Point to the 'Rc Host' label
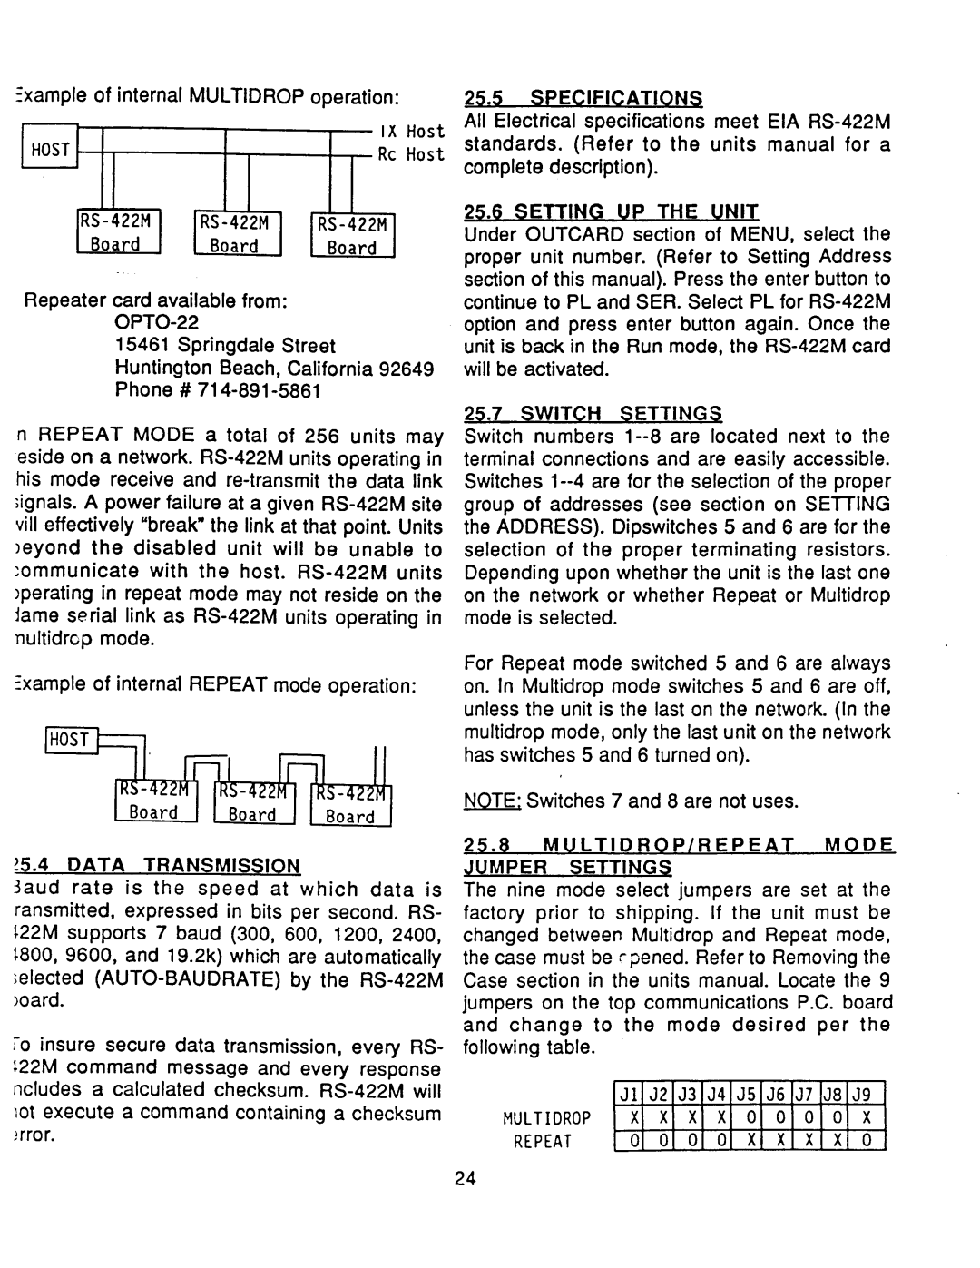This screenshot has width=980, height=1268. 411,154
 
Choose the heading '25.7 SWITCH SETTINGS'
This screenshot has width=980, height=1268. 593,413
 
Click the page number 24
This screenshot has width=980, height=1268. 465,1179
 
